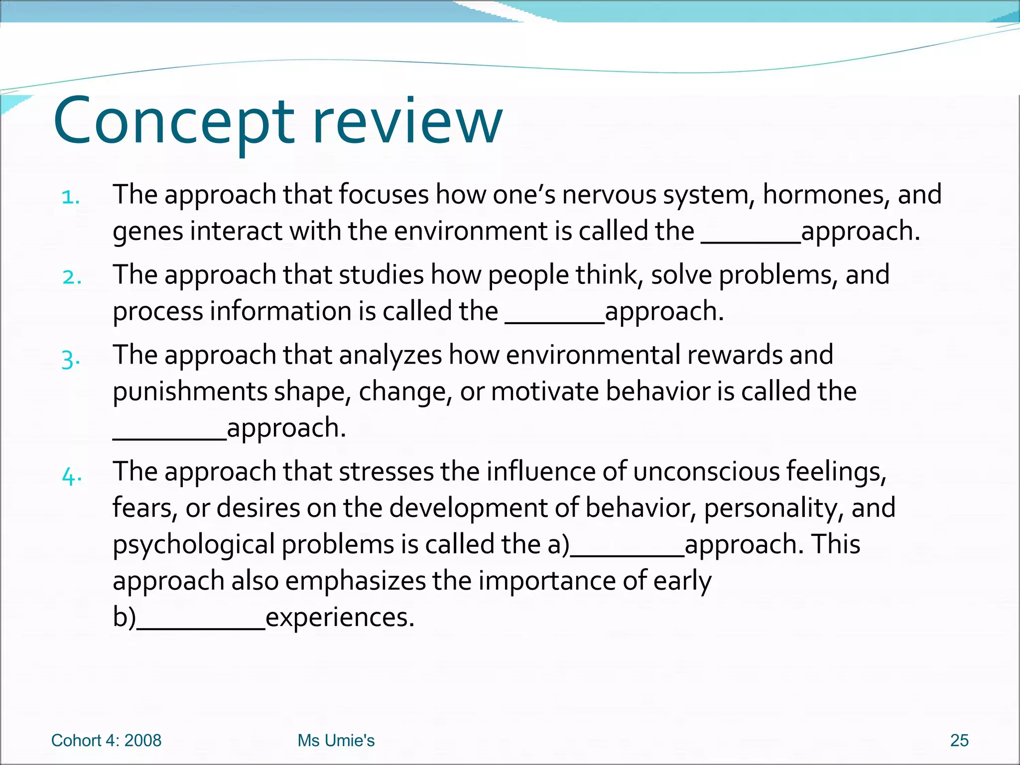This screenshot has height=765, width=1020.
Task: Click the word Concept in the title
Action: click(174, 122)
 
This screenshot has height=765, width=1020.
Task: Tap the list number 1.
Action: click(70, 197)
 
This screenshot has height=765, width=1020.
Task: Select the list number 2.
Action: click(72, 277)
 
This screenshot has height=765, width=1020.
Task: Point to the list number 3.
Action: click(71, 359)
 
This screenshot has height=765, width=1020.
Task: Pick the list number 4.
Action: click(72, 477)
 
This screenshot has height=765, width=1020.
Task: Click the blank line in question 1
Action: click(751, 241)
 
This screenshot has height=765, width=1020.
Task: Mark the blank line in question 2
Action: click(555, 321)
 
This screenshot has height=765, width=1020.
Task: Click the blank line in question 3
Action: click(169, 437)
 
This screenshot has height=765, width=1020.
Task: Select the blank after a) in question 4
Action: click(627, 553)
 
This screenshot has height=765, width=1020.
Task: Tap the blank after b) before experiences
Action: click(201, 627)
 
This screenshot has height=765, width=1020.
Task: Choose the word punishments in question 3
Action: click(190, 391)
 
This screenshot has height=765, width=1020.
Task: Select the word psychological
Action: click(194, 544)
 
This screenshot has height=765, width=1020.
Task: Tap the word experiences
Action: click(340, 618)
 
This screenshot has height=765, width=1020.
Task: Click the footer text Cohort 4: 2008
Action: click(106, 741)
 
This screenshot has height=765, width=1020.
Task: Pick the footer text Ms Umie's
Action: click(336, 741)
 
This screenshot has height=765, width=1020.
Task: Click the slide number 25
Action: click(959, 741)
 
